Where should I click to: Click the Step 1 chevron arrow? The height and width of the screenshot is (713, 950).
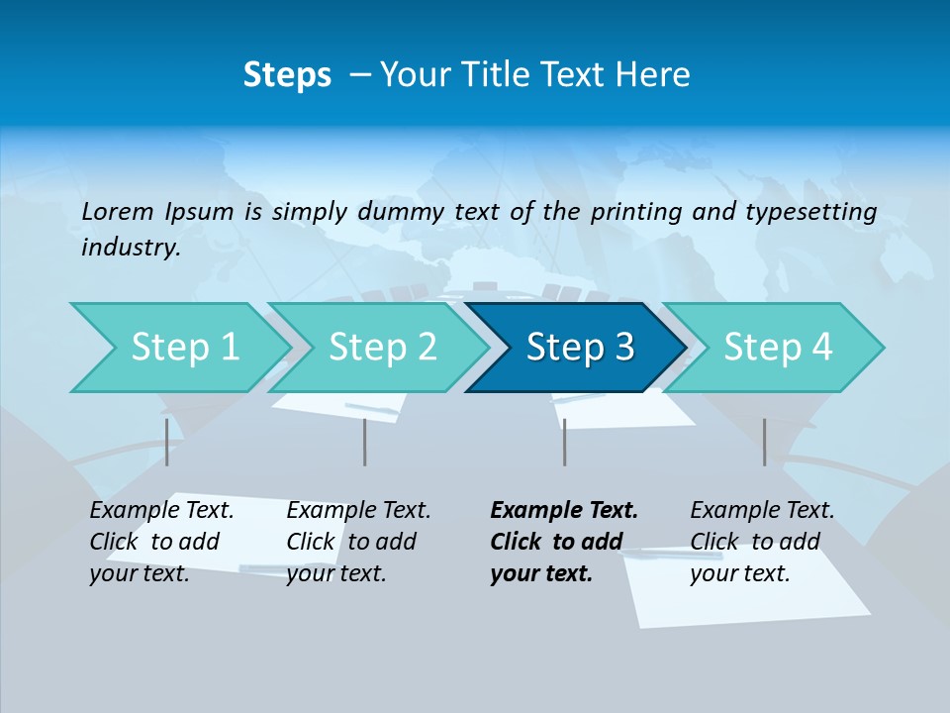178,348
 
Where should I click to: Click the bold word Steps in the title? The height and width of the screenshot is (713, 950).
287,75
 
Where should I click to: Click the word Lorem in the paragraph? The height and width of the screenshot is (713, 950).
117,211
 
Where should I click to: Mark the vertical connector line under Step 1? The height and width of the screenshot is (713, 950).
166,442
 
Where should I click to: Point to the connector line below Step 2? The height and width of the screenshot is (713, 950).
365,442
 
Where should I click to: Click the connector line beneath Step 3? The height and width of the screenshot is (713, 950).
564,442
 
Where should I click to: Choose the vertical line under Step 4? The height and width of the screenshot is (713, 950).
764,442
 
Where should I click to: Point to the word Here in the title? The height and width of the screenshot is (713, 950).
658,75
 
